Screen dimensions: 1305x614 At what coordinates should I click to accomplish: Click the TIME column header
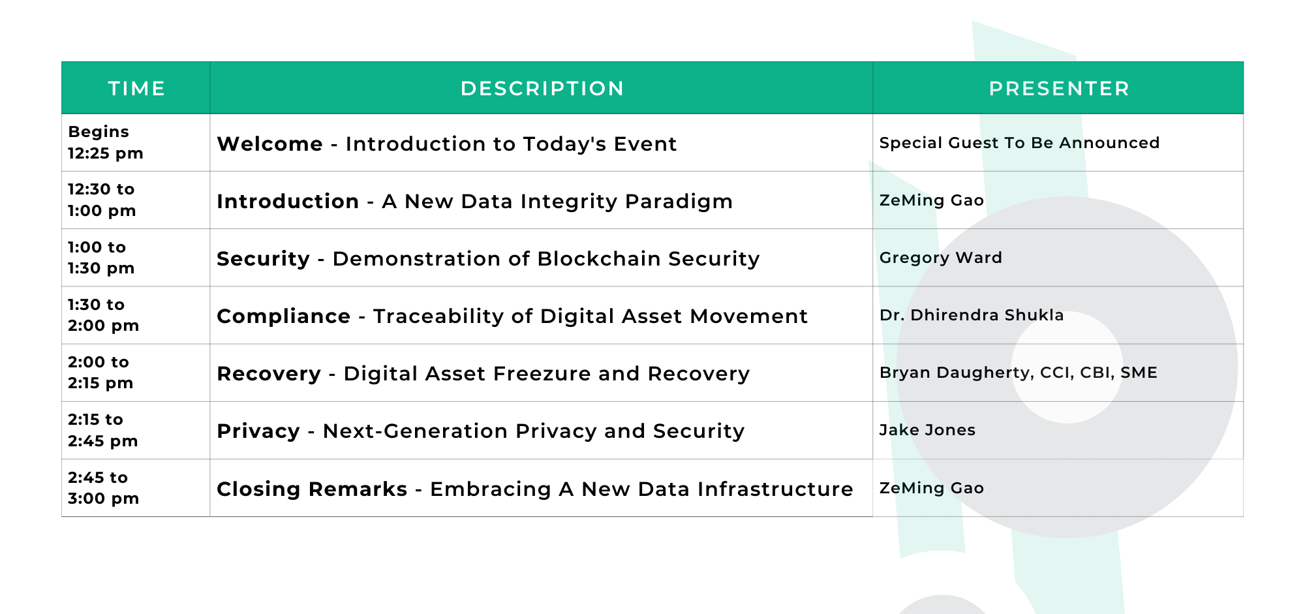(x=136, y=88)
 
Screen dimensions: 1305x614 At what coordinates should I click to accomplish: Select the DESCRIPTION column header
(x=542, y=88)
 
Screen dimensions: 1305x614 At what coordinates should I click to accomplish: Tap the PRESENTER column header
(x=1059, y=88)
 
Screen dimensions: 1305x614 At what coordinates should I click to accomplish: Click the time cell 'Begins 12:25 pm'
(x=105, y=142)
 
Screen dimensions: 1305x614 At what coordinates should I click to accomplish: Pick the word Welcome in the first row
(x=269, y=144)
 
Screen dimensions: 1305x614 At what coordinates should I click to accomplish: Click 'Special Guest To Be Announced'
(x=1019, y=143)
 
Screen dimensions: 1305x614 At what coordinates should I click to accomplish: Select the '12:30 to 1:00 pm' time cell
(x=102, y=200)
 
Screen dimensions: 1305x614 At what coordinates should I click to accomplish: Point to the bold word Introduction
(x=288, y=201)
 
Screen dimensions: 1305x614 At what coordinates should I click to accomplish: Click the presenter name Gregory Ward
(x=940, y=258)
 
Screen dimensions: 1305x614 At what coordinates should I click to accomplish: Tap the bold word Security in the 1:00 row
(x=263, y=258)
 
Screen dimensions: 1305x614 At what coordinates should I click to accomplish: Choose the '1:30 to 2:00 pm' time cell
(x=103, y=315)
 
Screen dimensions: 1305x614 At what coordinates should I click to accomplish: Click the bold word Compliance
(x=283, y=316)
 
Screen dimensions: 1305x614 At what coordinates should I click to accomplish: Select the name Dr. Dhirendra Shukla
(x=972, y=315)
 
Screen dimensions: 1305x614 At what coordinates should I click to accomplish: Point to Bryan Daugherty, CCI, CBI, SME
(x=1018, y=373)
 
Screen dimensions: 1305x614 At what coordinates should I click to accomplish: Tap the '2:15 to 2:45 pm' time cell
(x=102, y=430)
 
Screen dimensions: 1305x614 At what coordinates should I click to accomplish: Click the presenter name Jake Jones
(x=927, y=430)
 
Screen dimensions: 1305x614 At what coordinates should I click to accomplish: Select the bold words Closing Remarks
(x=312, y=489)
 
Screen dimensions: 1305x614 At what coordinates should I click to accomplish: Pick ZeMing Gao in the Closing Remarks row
(x=931, y=488)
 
